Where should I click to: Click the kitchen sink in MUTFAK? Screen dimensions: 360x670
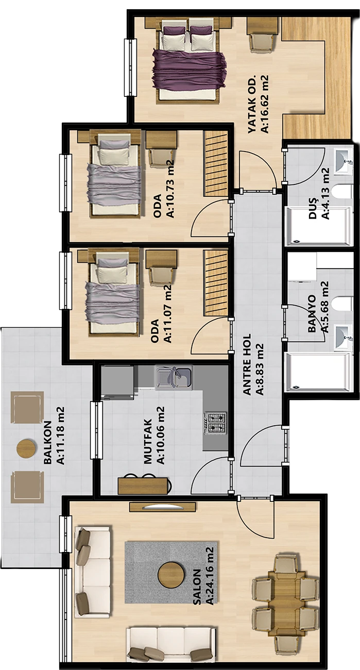(x=174, y=377)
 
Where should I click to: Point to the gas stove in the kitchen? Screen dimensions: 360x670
(x=215, y=423)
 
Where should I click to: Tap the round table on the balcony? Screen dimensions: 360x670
(x=27, y=448)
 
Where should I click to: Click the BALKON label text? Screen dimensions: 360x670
(x=48, y=443)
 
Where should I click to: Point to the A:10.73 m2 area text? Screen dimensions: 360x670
(x=170, y=189)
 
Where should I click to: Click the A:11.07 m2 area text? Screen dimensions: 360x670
(x=168, y=313)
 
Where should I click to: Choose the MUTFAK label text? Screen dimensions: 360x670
(x=148, y=442)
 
